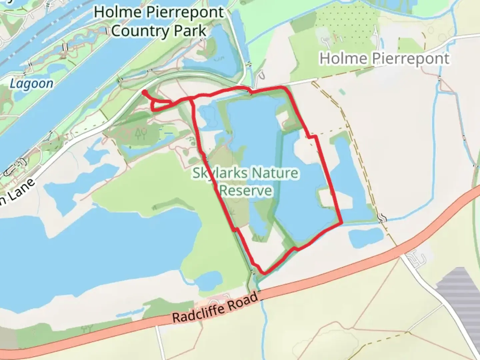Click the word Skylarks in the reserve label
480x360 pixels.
(220, 173)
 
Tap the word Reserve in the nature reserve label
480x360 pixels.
(246, 191)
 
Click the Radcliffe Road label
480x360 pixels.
(215, 307)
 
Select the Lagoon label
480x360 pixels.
(31, 83)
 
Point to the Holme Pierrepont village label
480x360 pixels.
(384, 59)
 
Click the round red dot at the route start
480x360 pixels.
(145, 93)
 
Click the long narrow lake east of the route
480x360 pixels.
(350, 177)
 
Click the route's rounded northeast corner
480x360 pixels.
(284, 89)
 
